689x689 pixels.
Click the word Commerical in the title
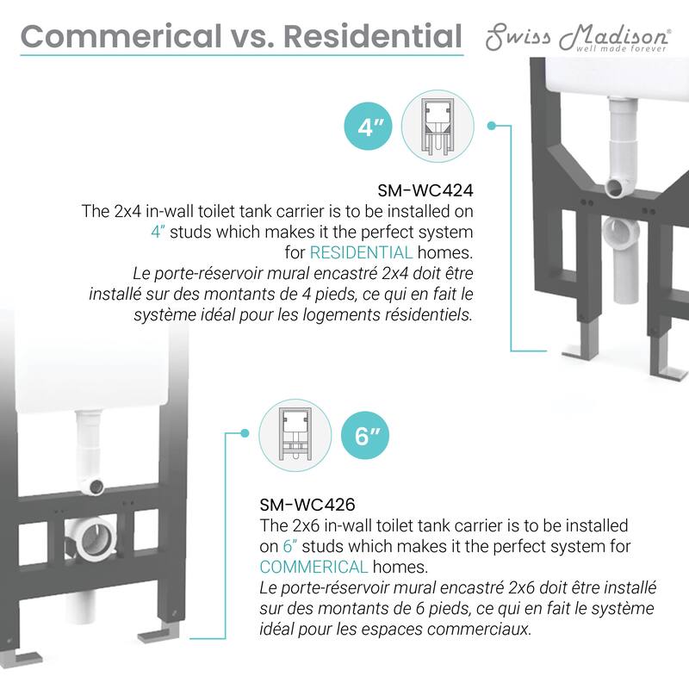121,36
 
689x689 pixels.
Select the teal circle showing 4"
369,127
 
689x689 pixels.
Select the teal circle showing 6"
365,436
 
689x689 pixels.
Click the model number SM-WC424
425,190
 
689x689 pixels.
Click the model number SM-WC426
307,505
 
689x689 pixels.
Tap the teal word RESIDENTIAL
361,252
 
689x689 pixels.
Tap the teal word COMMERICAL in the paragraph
313,567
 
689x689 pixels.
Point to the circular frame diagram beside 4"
438,127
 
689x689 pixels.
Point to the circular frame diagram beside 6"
295,436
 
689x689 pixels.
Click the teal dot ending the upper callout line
492,126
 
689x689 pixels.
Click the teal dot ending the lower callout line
245,434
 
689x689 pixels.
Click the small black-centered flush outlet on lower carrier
96,487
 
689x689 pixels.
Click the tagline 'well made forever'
621,48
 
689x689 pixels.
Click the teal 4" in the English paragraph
158,232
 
